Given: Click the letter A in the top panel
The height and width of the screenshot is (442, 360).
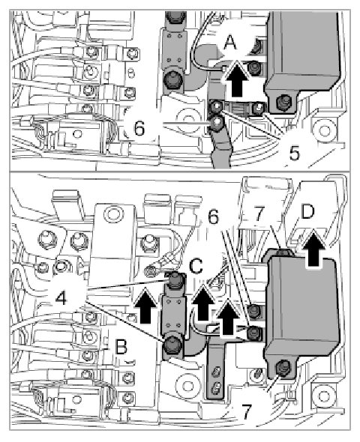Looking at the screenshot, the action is point(230,43).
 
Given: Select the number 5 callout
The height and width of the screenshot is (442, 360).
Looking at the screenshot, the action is point(294,154).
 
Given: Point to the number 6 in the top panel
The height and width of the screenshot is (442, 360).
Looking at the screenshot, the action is point(139,129).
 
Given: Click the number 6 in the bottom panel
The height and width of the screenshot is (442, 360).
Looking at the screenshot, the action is point(213,217).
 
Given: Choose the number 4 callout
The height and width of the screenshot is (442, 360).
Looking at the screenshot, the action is point(61,298).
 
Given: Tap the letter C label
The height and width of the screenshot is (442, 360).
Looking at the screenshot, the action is point(196,266).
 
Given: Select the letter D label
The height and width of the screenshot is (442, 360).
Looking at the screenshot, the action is point(307,211).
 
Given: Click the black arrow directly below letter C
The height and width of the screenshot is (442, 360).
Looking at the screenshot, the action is point(202,303).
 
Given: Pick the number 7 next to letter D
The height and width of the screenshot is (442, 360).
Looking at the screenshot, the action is point(259,214).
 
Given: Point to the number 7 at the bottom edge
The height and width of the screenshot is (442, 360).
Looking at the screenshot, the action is point(246,412).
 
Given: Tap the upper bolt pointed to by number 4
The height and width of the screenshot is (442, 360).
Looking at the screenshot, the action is point(175,280).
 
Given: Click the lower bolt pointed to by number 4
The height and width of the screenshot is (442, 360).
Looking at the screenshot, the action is point(172,345).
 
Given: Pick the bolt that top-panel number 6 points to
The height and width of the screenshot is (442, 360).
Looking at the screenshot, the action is point(217,123).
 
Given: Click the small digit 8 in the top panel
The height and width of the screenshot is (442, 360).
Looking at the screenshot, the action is point(130,73).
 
